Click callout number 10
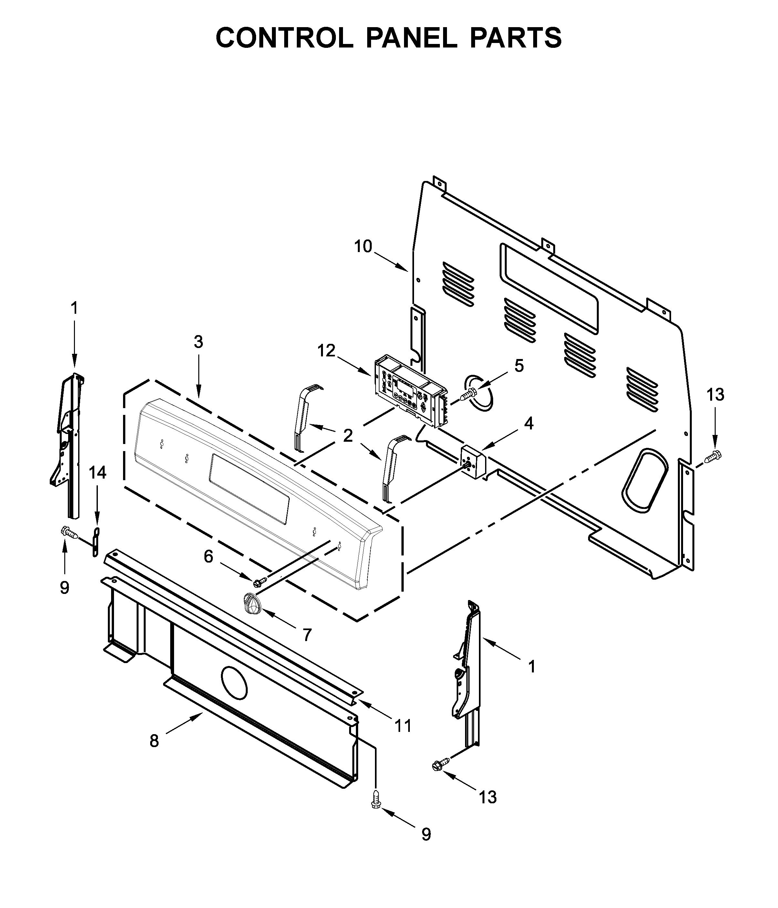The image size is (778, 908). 363,247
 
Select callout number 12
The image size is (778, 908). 327,351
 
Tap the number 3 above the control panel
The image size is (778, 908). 198,342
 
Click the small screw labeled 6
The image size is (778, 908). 259,582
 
